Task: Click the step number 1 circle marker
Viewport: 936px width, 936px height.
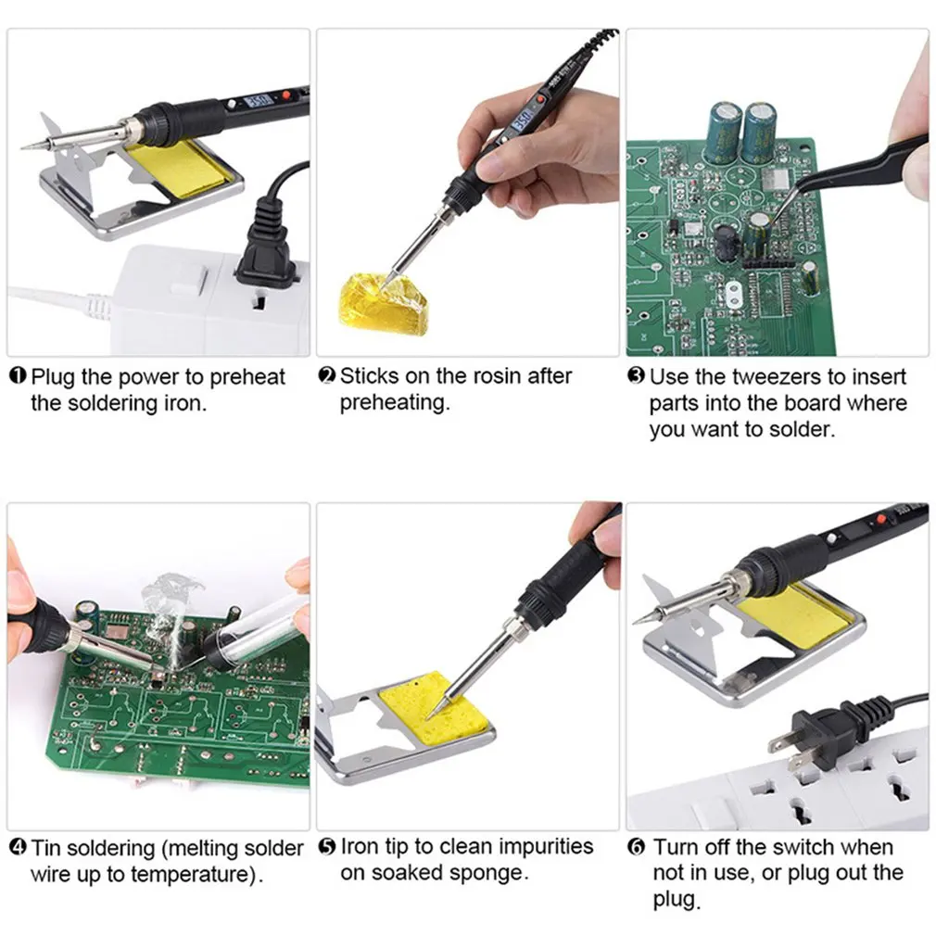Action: (18, 376)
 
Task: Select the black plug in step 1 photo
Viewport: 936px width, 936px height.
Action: (265, 245)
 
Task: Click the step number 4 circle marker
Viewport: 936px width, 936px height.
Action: (18, 847)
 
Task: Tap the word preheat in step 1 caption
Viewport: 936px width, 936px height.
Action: (247, 377)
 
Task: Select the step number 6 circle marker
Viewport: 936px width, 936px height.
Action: (636, 847)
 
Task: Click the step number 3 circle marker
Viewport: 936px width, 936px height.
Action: (636, 377)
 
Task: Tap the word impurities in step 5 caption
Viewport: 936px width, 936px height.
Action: (546, 847)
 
